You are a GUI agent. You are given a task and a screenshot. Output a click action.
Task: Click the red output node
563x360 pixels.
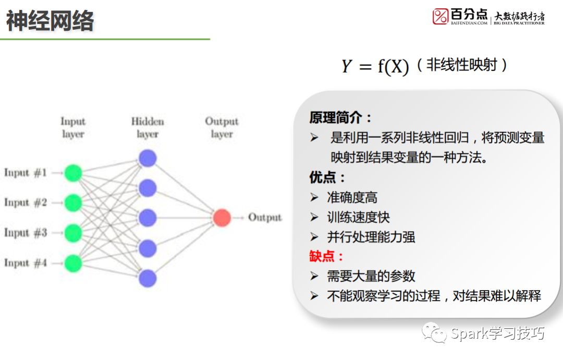tap(222, 218)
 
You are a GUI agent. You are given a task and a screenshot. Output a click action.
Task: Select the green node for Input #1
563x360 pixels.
tap(74, 173)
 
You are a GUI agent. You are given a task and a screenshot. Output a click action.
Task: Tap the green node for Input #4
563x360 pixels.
tap(74, 263)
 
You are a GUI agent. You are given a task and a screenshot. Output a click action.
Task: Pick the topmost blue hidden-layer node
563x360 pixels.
tap(148, 158)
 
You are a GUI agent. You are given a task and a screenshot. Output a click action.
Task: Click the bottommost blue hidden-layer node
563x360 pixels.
tap(148, 278)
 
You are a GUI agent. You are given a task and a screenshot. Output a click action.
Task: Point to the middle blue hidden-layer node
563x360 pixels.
tap(148, 218)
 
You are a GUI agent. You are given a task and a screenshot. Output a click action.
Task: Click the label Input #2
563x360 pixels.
tap(26, 202)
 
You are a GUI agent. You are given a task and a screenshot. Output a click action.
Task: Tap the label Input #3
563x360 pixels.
tap(26, 233)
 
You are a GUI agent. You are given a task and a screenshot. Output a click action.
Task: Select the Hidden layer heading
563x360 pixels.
tap(148, 127)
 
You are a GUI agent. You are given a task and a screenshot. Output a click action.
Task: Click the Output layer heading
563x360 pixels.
tap(222, 127)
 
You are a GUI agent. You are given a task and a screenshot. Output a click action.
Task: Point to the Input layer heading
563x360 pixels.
tap(73, 127)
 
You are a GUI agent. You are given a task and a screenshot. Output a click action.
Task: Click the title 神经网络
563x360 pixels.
tap(50, 21)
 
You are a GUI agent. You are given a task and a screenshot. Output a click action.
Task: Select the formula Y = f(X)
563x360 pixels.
tap(375, 66)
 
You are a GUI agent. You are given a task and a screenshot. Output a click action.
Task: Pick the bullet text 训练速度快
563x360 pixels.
tap(358, 217)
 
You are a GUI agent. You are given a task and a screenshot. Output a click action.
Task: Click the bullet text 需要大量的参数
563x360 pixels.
tap(371, 276)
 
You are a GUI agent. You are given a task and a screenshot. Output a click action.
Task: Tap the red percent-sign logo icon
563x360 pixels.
tap(440, 16)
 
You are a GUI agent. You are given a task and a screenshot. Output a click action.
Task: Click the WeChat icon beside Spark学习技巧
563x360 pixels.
tap(434, 333)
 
